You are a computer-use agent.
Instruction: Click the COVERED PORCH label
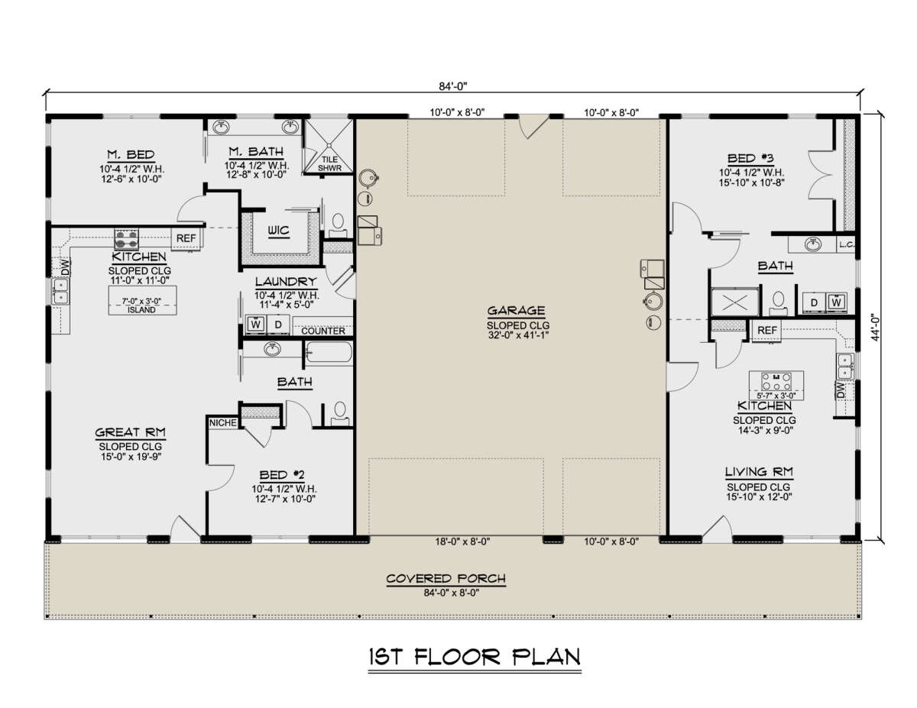(446, 578)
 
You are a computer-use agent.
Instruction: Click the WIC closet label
(277, 231)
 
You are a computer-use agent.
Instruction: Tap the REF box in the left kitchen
(186, 239)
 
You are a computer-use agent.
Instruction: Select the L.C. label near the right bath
(845, 244)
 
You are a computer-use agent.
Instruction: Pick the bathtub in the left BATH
(329, 354)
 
